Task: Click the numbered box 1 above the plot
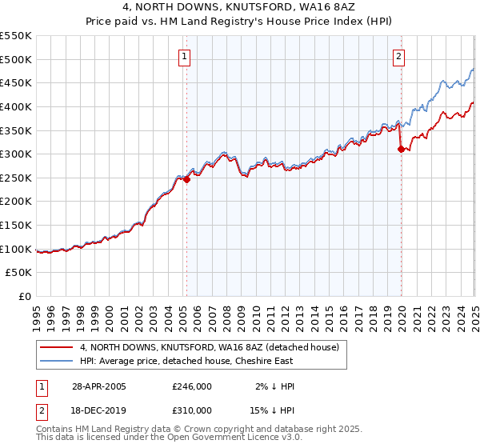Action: pyautogui.click(x=185, y=56)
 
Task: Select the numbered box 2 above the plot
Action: pyautogui.click(x=398, y=56)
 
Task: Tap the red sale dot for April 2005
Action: pyautogui.click(x=186, y=180)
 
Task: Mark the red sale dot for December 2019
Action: pyautogui.click(x=401, y=150)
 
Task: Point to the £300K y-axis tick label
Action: pyautogui.click(x=16, y=154)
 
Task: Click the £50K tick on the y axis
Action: pyautogui.click(x=19, y=273)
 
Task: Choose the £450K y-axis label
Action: pyautogui.click(x=16, y=82)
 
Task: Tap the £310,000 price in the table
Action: pyautogui.click(x=192, y=411)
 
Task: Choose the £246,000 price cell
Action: pyautogui.click(x=192, y=386)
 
